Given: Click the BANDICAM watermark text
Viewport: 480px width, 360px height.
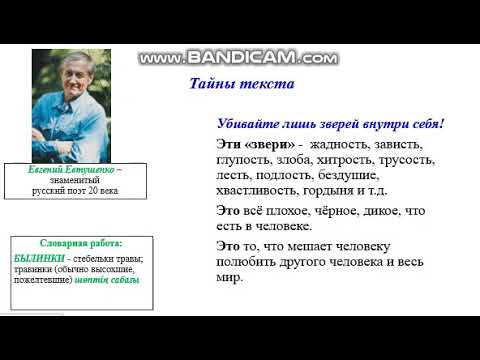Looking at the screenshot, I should [239, 59].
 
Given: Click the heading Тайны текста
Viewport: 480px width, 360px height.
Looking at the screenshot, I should [241, 84].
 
